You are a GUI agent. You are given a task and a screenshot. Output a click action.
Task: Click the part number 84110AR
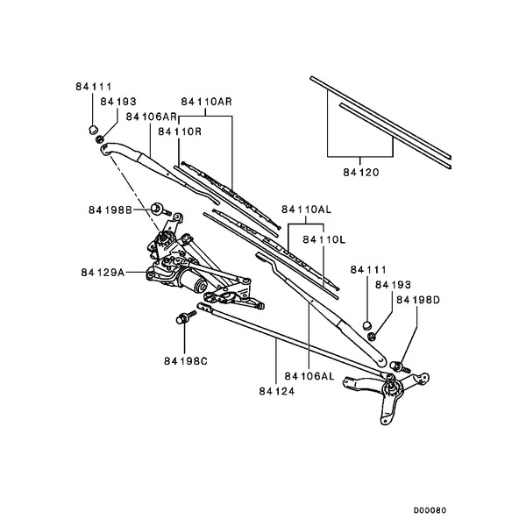coord(207,102)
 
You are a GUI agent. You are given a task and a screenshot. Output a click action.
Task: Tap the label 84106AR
coord(153,117)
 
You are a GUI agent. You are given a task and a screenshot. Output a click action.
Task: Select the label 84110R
coord(181,131)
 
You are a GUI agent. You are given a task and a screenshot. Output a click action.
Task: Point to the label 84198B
coord(110,210)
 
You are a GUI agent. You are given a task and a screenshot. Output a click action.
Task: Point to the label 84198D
coord(416,301)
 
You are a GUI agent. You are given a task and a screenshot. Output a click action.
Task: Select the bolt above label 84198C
coord(186,316)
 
